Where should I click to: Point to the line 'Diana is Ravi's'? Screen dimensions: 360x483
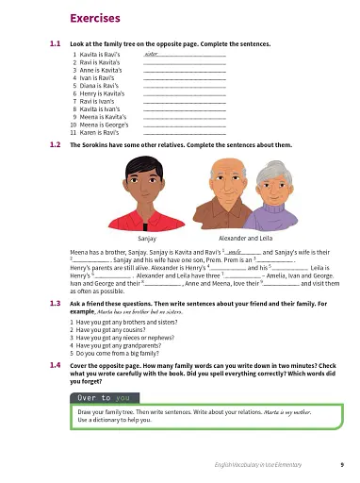pyautogui.click(x=94, y=87)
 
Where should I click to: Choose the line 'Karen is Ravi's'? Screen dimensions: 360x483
pyautogui.click(x=95, y=133)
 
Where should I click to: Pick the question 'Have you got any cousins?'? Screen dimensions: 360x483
pyautogui.click(x=109, y=330)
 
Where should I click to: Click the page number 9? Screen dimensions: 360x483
pyautogui.click(x=341, y=465)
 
